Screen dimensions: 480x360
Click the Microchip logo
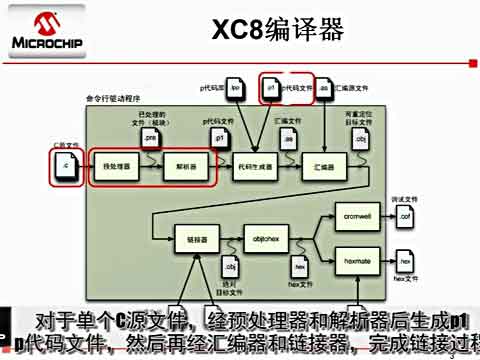39,29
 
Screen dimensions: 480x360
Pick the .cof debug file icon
405,215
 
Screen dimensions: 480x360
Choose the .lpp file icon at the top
234,88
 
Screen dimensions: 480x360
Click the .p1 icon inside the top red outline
271,88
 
